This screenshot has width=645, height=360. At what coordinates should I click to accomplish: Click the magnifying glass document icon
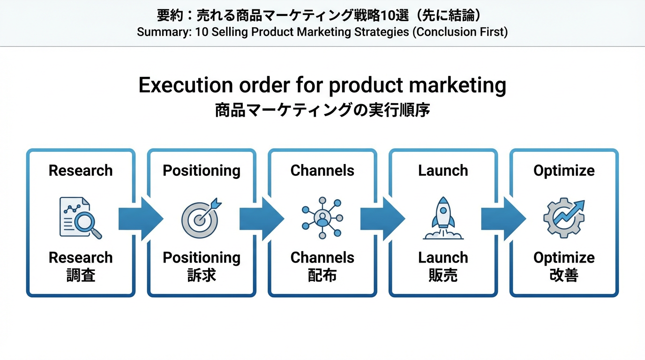(x=80, y=217)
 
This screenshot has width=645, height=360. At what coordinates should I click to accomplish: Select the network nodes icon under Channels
(x=322, y=218)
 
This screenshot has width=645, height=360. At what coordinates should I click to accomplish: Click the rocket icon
(x=443, y=218)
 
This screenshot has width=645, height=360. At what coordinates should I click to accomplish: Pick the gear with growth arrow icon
(x=563, y=218)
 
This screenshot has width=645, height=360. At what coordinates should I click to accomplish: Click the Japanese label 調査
(x=81, y=275)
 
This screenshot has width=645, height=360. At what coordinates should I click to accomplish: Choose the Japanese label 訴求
(x=202, y=275)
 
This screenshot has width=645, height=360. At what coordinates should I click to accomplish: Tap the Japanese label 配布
(x=322, y=275)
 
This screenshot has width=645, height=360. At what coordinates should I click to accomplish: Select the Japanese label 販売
(x=443, y=275)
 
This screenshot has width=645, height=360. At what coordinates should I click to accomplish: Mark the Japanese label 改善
(x=564, y=275)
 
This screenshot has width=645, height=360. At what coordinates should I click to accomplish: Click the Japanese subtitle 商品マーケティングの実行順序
(x=322, y=111)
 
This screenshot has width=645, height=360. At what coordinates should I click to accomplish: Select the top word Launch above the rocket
(x=443, y=171)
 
